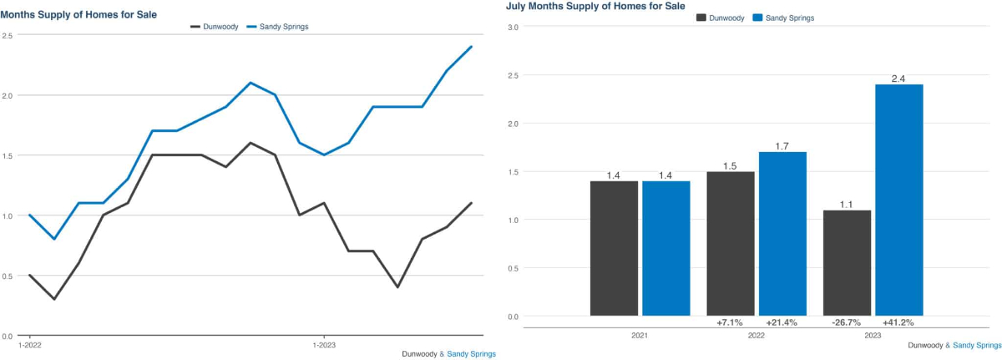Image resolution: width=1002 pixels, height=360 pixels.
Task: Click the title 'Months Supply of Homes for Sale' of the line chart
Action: point(78,15)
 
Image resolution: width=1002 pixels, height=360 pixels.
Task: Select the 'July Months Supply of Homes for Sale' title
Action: point(595,6)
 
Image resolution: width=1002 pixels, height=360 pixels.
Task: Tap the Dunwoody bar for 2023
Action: point(847,262)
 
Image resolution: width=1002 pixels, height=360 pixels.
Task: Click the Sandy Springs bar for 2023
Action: point(898,200)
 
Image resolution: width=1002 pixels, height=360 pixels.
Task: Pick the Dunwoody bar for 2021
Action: point(614,248)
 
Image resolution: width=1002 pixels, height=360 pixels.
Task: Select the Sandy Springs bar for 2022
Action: point(782,233)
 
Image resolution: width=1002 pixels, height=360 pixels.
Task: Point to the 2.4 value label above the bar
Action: point(898,78)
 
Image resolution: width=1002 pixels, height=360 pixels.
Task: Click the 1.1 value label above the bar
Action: point(847,203)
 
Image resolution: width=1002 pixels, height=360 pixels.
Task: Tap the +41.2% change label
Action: point(898,322)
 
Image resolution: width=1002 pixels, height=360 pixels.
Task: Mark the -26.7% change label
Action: point(847,322)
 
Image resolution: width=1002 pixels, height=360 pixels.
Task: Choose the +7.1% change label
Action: point(731,322)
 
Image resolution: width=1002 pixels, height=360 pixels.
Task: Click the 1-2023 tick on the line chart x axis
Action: point(326,344)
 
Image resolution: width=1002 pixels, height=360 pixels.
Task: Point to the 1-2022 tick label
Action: point(31,344)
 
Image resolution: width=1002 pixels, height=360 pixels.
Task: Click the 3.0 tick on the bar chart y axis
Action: point(514,28)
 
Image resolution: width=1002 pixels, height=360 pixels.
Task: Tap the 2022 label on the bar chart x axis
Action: point(757,336)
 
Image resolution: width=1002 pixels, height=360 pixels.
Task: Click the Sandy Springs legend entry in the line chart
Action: point(278,27)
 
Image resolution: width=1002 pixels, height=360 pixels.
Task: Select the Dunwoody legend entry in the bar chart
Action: point(721,18)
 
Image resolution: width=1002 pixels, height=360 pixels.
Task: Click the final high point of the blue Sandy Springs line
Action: point(472,47)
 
